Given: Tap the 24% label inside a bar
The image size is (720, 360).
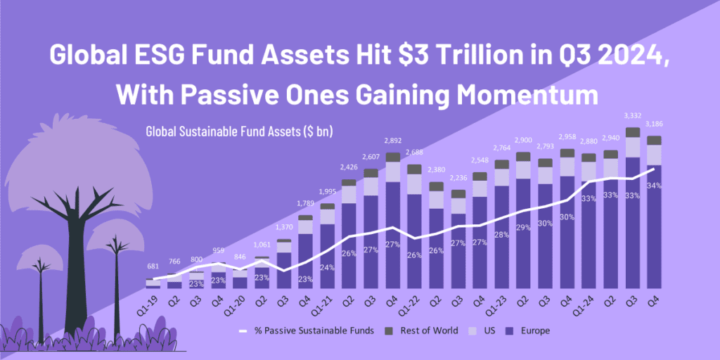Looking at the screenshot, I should click(x=328, y=267).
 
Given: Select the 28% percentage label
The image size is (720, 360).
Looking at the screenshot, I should click(x=501, y=234).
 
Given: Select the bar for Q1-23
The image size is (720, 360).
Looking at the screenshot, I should click(x=501, y=225).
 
